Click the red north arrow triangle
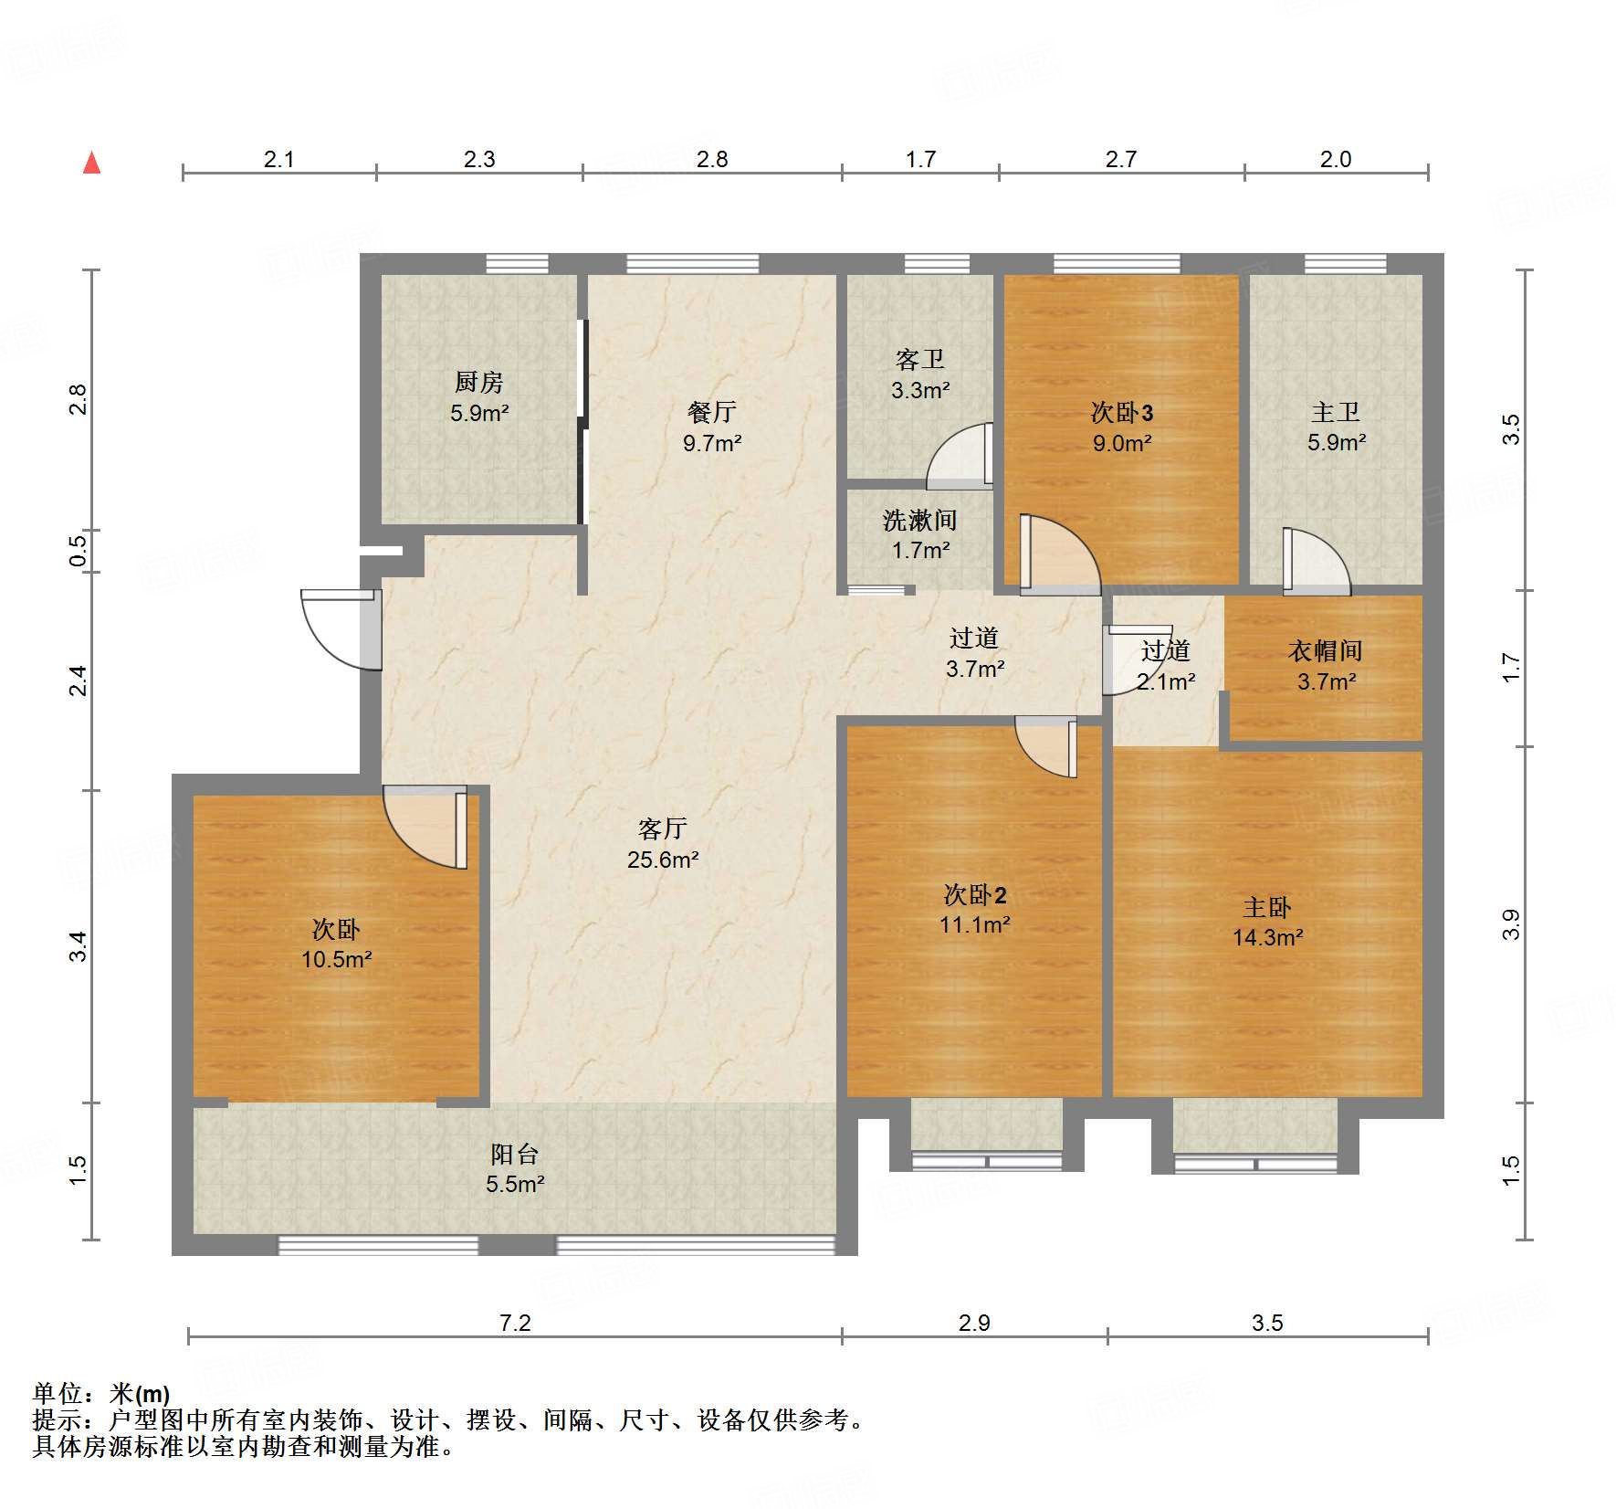pos(91,164)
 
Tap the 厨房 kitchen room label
pos(478,382)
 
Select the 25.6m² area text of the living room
pos(663,860)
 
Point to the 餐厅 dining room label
pos(712,412)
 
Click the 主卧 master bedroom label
pos(1267,907)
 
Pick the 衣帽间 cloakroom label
pos(1326,650)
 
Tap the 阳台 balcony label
pos(515,1154)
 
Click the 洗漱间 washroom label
pos(920,520)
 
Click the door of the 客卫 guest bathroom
pos(960,454)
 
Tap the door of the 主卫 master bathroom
pos(1317,562)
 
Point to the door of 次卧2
pos(1046,746)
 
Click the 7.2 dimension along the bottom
pos(515,1323)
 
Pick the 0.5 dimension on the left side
pos(79,550)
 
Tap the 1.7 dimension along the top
pos(920,159)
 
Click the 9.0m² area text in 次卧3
pos(1122,443)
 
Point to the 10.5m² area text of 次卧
pos(337,959)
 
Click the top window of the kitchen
pos(517,264)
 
